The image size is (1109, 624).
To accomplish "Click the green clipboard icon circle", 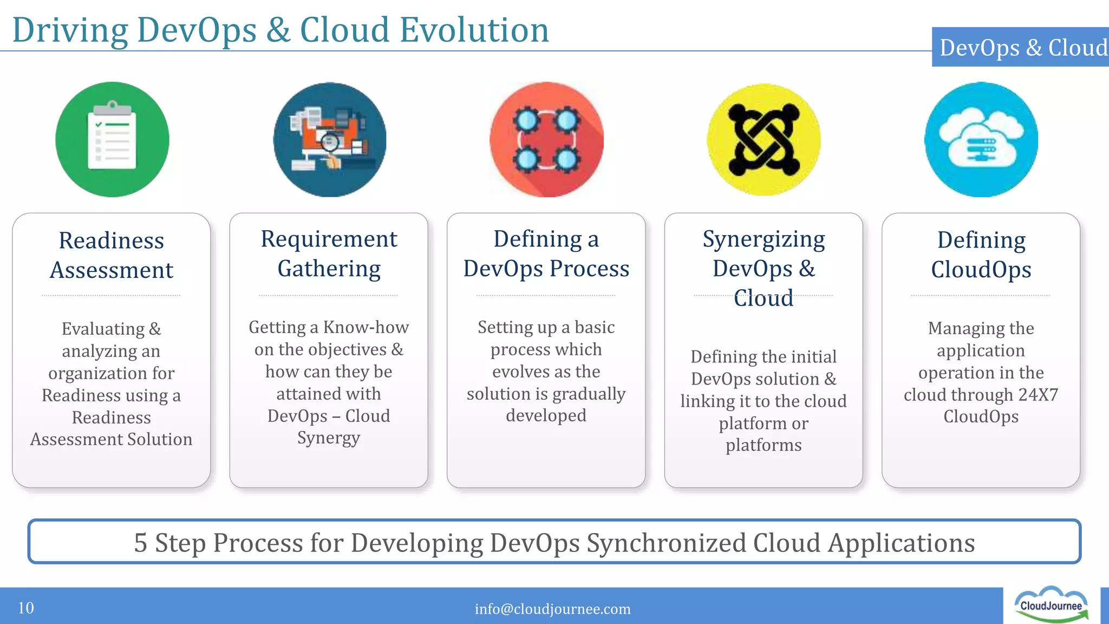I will [x=112, y=140].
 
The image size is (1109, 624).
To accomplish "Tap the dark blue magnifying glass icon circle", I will [x=329, y=140].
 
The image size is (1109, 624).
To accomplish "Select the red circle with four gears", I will [x=546, y=140].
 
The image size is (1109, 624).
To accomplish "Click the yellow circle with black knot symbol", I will [x=764, y=140].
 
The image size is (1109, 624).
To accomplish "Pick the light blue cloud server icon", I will [x=981, y=140].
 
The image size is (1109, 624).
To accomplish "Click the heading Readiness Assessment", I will [x=112, y=255].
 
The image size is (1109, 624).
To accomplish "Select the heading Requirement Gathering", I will [x=329, y=253].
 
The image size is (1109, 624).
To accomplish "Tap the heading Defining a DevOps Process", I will [x=546, y=253].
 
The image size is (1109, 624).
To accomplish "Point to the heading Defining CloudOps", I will [x=981, y=255].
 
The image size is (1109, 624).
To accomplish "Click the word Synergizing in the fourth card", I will [x=764, y=239].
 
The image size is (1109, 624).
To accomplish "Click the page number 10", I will [x=26, y=608].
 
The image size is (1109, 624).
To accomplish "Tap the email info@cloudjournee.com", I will [x=552, y=609].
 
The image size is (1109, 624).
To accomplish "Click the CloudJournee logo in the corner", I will [x=1051, y=605].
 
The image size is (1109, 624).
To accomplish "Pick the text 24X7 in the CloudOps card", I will [x=1038, y=394].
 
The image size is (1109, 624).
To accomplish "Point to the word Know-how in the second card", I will [x=366, y=327].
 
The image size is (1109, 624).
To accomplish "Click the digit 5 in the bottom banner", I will [x=140, y=543].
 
